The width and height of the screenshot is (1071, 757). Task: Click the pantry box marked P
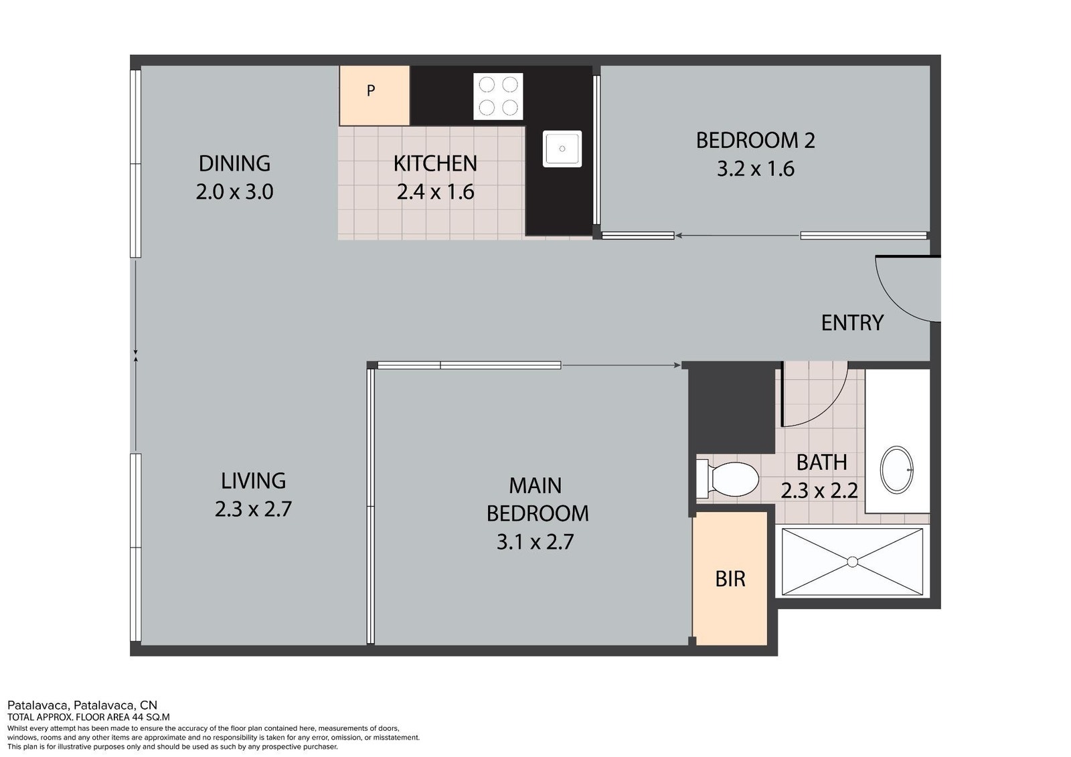tap(374, 96)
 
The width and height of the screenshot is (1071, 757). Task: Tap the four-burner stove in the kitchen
tap(498, 96)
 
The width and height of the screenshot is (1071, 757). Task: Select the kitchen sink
tap(562, 149)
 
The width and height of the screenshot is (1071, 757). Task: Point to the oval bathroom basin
tap(897, 470)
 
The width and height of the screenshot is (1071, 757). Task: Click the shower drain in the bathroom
tap(853, 562)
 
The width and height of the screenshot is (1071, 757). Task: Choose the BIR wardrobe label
tap(730, 579)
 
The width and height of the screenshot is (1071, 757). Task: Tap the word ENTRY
tap(852, 323)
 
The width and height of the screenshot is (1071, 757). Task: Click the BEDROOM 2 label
tap(755, 140)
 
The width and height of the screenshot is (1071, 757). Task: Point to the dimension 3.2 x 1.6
tap(756, 169)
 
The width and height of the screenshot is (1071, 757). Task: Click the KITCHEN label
tap(435, 163)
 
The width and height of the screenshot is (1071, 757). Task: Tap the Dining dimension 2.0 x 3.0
tap(234, 192)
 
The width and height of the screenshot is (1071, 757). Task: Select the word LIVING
tap(253, 481)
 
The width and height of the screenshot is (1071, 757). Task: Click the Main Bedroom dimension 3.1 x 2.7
tap(535, 541)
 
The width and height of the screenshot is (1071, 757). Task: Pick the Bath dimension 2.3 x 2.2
tap(819, 491)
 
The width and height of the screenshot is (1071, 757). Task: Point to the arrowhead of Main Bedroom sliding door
tap(677, 365)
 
